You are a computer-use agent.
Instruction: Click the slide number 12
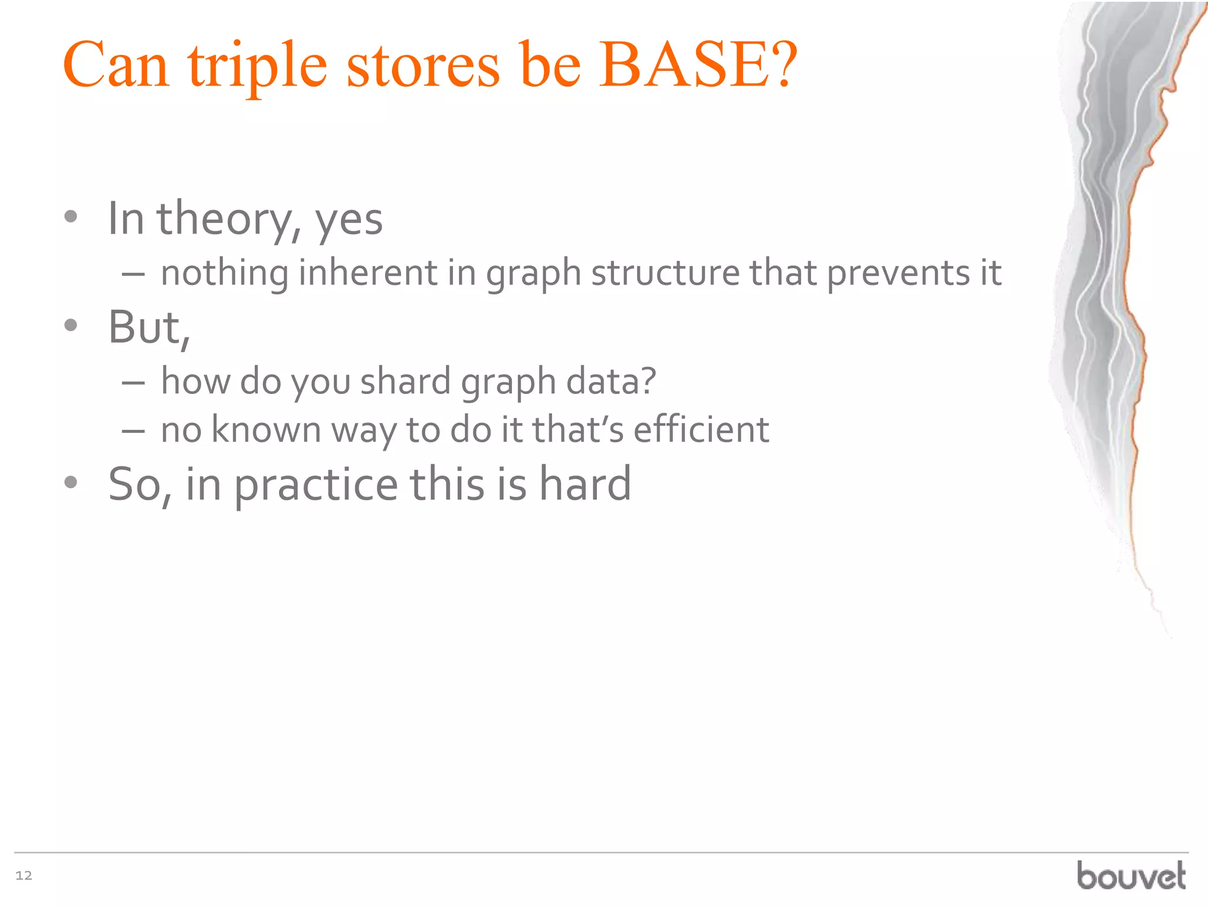click(x=24, y=875)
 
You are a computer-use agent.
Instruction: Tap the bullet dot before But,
click(x=71, y=325)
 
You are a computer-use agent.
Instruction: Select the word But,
click(x=149, y=327)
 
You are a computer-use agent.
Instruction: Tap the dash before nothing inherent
click(x=134, y=274)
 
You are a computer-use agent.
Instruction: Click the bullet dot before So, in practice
click(x=71, y=482)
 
